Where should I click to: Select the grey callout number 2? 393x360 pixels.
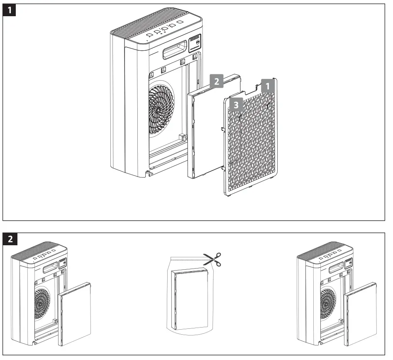pyautogui.click(x=217, y=81)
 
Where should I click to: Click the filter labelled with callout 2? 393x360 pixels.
pyautogui.click(x=207, y=133)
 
